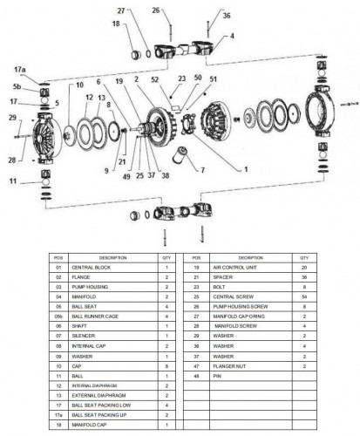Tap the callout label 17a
coord(20,67)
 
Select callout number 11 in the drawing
coord(13,181)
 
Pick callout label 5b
coord(17,87)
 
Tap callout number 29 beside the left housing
coord(12,117)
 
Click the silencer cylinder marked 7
coord(181,160)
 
